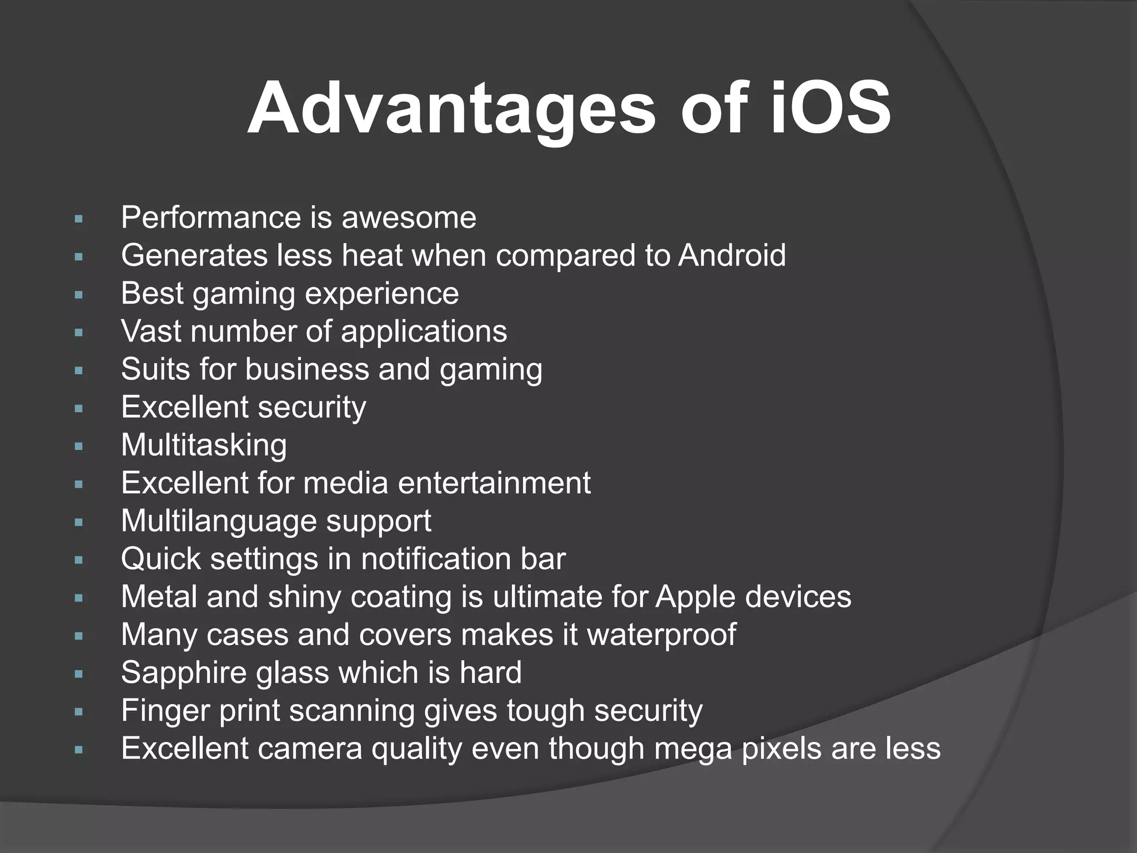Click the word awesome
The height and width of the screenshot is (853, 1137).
(x=409, y=217)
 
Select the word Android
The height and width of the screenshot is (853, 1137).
(x=732, y=255)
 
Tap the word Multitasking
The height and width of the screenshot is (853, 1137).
(x=204, y=445)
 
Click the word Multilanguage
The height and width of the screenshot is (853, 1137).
(x=218, y=521)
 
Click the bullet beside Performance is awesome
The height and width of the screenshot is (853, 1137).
(x=78, y=219)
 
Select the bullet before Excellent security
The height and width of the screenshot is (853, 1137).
(x=78, y=409)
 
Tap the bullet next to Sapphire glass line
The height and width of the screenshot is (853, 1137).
(x=78, y=675)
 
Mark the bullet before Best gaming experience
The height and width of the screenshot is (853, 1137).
(x=78, y=295)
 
